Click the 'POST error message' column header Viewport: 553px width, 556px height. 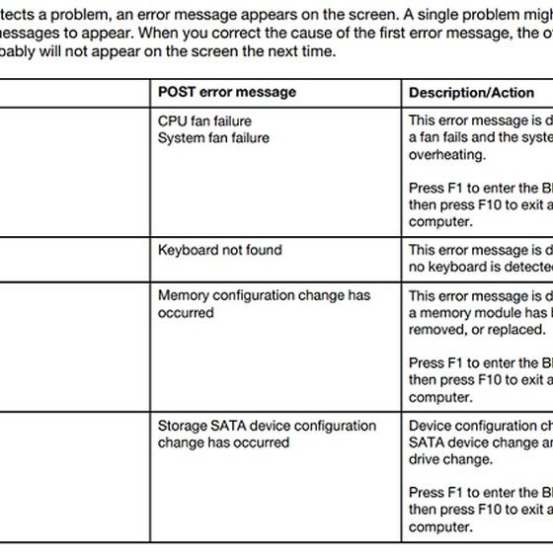(226, 92)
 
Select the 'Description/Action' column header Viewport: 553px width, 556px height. (471, 92)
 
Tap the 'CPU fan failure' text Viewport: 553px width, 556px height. (204, 121)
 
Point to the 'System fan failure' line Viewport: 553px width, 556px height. (213, 138)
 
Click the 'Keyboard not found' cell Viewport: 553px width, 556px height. (219, 250)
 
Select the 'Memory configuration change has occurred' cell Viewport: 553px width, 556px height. (264, 303)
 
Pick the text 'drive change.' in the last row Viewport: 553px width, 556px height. (450, 459)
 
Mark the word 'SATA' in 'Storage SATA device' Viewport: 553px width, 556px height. (231, 426)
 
